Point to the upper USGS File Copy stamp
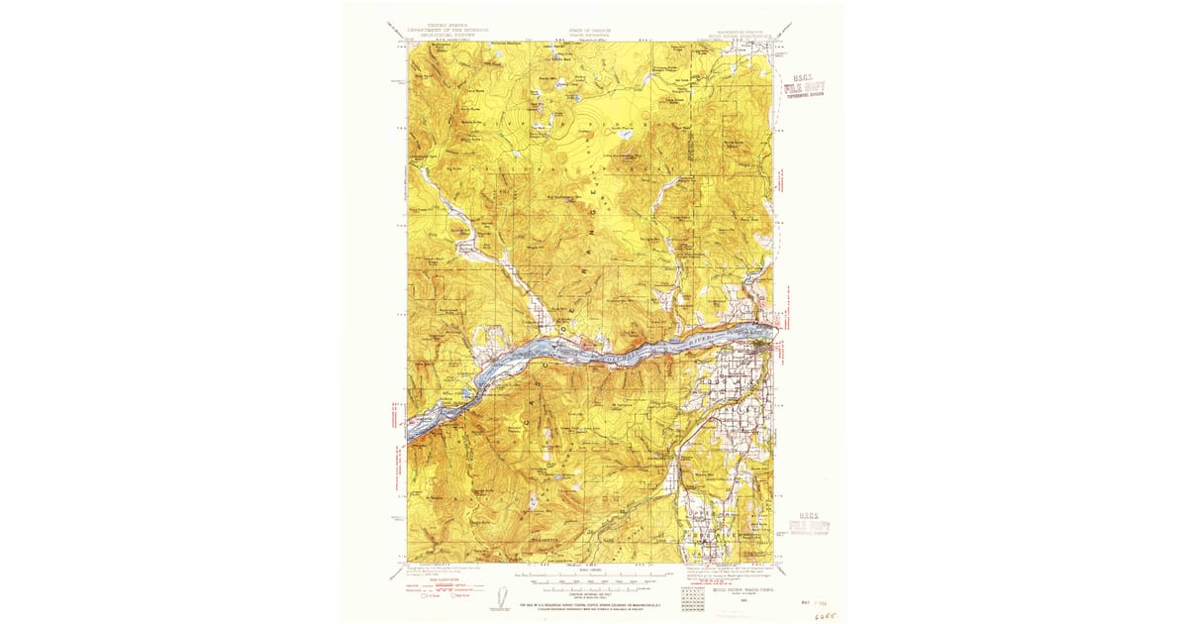pos(803,87)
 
